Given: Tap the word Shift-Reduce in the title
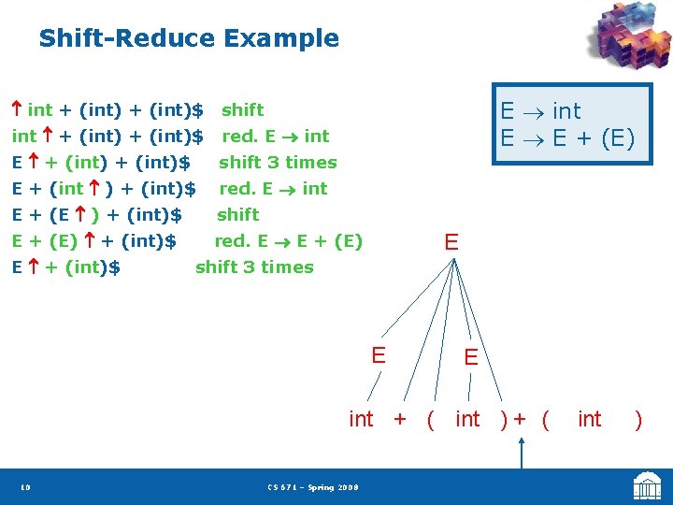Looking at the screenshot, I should (126, 38).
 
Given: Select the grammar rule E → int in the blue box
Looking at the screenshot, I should (540, 110).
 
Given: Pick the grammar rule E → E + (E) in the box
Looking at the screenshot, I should (566, 138).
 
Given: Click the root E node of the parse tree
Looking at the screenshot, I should (451, 242).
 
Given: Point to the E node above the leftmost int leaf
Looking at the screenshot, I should (378, 355).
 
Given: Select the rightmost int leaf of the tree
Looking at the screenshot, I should (590, 419).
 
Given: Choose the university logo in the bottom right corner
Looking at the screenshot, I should (648, 486).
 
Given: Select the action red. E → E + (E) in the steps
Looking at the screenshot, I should (288, 241).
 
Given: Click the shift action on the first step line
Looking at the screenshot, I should (242, 110).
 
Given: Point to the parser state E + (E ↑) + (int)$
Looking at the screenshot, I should (97, 215).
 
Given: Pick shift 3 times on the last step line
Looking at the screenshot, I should (254, 267).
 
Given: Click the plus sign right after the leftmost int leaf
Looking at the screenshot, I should (400, 419).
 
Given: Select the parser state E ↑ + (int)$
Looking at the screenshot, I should (65, 267).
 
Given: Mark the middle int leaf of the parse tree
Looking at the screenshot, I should (467, 419).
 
